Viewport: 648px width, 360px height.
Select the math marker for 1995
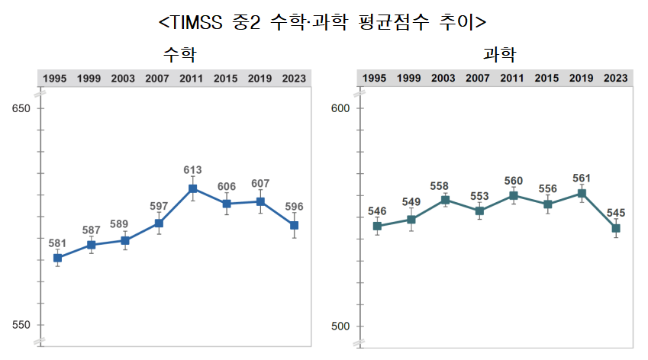tap(58, 258)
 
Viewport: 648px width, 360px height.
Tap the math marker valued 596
tap(294, 225)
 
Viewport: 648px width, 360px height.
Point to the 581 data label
tap(58, 243)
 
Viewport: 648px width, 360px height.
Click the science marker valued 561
tap(582, 194)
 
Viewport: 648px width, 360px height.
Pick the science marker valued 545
tap(616, 228)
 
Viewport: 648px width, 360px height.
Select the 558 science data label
tap(445, 185)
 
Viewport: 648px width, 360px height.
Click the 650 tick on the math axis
tap(21, 108)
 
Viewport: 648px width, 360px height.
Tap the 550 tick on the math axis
tap(21, 326)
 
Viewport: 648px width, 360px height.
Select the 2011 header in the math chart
tap(192, 79)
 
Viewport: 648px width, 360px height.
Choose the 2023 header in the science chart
tap(616, 79)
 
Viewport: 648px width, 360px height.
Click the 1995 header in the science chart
tap(374, 79)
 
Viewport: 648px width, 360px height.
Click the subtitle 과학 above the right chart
tap(499, 54)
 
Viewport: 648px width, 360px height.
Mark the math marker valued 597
tap(159, 223)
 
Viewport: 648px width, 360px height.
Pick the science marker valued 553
tap(479, 211)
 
